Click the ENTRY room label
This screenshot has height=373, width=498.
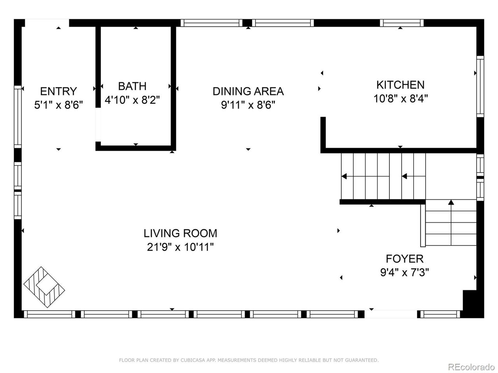(x=58, y=91)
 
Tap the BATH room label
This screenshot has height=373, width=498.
(x=132, y=86)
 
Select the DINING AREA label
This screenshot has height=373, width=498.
(x=248, y=91)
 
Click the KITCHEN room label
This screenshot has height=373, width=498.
(x=400, y=85)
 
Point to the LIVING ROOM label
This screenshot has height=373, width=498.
(x=180, y=233)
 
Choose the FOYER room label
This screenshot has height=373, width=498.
(x=404, y=258)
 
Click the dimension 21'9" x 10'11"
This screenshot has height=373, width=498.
(x=180, y=247)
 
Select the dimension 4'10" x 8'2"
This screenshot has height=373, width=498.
(x=132, y=100)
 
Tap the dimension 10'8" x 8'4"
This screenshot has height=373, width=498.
(x=400, y=99)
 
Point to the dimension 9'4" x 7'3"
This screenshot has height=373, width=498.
(x=404, y=272)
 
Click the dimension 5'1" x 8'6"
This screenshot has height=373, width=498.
(x=58, y=105)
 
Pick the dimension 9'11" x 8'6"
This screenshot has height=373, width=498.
(x=248, y=105)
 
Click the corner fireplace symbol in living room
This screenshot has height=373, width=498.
(x=44, y=287)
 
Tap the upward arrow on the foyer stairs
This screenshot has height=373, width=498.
(x=451, y=202)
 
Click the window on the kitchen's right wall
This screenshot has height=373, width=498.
(x=480, y=86)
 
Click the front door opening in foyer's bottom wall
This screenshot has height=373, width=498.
(x=391, y=314)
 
